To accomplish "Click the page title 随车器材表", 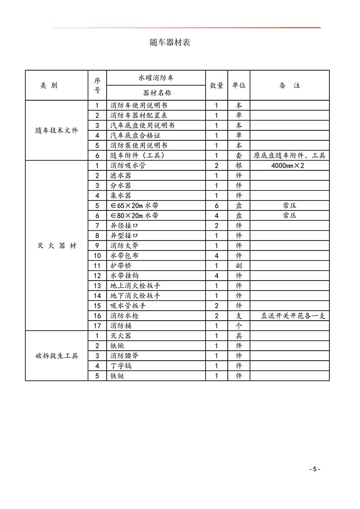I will [x=170, y=43].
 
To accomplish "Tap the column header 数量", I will [x=216, y=85].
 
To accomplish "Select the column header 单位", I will [x=238, y=85].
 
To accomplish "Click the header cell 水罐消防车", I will [x=156, y=78].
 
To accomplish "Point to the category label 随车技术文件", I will [x=56, y=131].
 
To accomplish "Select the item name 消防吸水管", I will [x=128, y=165].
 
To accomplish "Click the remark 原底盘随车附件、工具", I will [x=289, y=156].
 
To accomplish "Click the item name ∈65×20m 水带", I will [x=135, y=205].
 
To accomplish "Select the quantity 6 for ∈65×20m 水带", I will [x=216, y=205].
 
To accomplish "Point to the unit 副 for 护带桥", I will [x=239, y=266].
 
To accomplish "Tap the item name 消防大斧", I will [x=124, y=246].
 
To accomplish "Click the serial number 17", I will [x=97, y=326].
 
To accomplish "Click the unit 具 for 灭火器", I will [x=239, y=336].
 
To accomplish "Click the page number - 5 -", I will [x=315, y=469].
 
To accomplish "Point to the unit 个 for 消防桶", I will [x=239, y=326].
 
